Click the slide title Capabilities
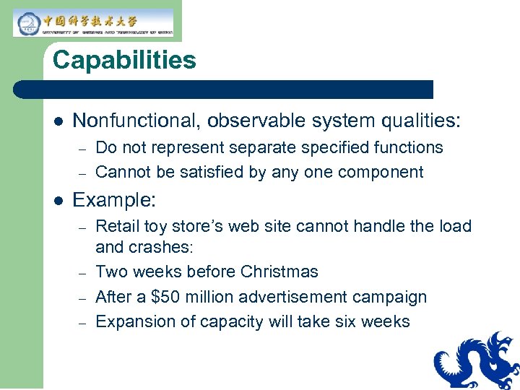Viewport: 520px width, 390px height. click(x=124, y=60)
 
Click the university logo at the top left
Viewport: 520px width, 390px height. click(x=93, y=22)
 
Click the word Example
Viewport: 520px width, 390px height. click(x=113, y=199)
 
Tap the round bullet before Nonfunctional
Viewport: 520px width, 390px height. click(x=58, y=121)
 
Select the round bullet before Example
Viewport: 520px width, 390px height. click(x=58, y=200)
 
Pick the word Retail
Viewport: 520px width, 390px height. click(x=117, y=226)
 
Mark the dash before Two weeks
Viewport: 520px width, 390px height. click(x=83, y=273)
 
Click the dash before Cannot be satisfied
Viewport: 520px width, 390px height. click(x=83, y=173)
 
